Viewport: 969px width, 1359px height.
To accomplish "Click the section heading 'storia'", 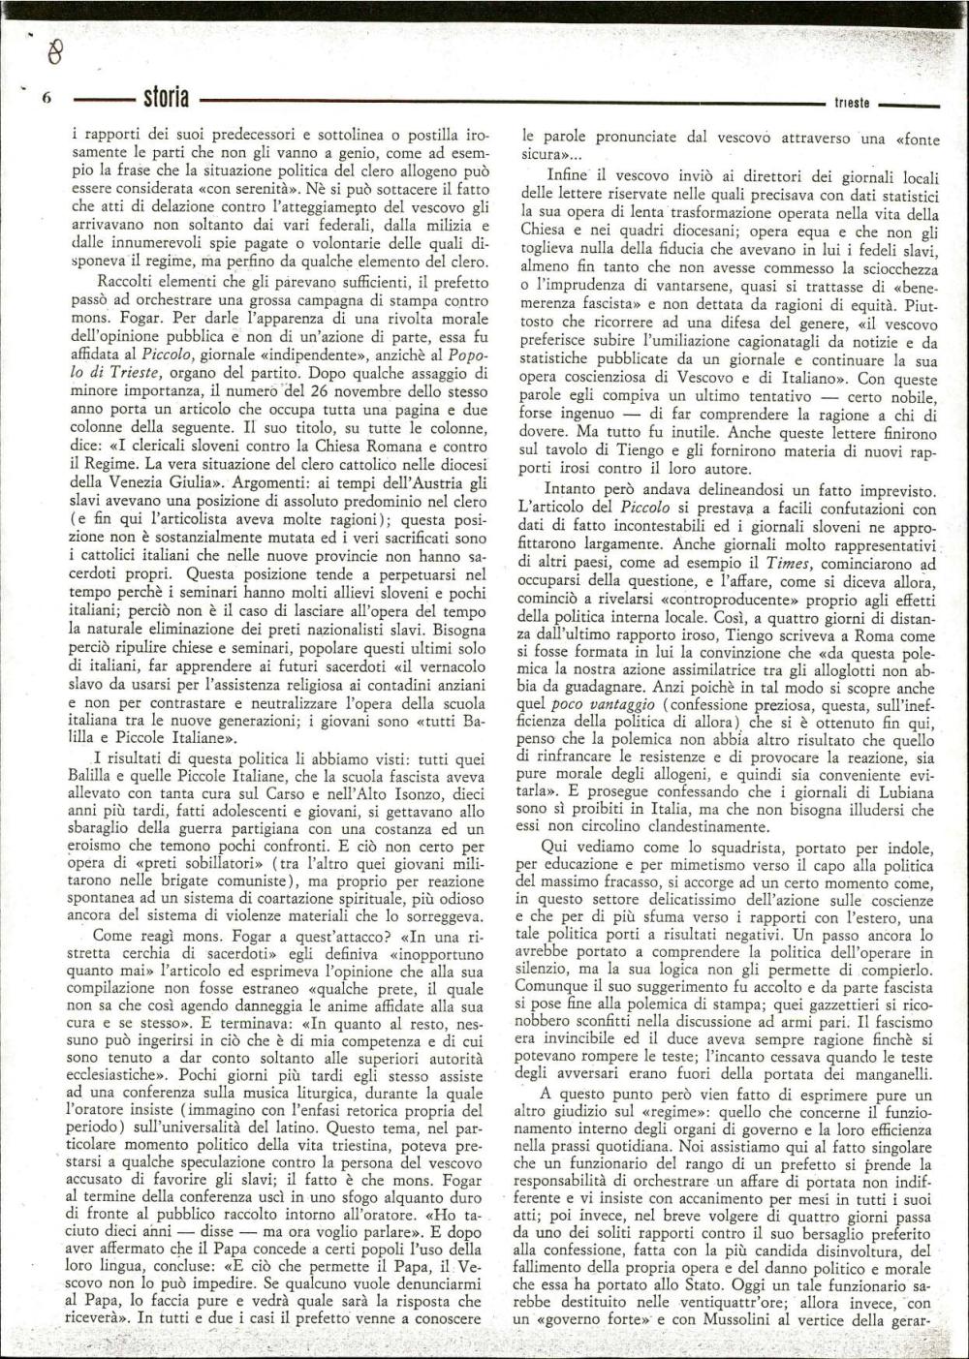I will click(x=166, y=98).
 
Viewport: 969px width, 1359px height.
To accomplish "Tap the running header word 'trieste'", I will click(x=852, y=103).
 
